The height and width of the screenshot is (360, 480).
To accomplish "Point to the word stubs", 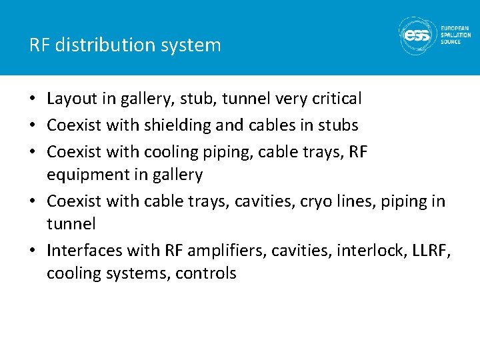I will [337, 125].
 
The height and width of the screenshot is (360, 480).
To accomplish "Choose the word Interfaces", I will [85, 250].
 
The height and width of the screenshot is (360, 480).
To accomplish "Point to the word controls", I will [206, 273].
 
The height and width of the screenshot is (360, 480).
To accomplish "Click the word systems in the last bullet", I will [139, 273].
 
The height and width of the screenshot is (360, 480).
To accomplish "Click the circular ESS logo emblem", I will [417, 35].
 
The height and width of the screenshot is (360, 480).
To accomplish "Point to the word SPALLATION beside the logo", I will [455, 35].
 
